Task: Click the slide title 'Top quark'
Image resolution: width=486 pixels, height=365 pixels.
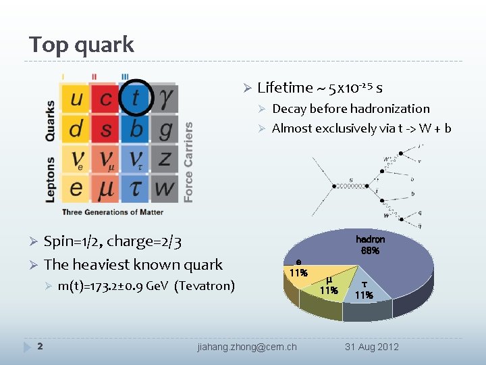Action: pos(82,45)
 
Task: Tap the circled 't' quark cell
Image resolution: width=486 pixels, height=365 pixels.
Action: pos(136,99)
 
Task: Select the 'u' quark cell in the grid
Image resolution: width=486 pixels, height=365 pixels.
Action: pos(76,99)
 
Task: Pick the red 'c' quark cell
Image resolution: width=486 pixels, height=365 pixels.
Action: pos(106,99)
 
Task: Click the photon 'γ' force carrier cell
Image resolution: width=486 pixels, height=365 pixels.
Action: pos(165,99)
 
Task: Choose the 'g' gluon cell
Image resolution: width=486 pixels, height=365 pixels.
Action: pos(165,128)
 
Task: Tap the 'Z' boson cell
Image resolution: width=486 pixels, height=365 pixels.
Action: pos(165,159)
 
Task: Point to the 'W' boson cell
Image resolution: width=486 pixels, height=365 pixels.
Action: pos(165,189)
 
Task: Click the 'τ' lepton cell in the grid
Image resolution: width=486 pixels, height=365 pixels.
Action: pos(136,189)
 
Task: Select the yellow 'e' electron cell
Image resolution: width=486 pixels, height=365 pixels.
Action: pos(76,189)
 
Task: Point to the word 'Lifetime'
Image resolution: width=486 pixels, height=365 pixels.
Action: pos(286,88)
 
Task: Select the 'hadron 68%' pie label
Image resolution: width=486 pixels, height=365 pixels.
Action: pos(370,245)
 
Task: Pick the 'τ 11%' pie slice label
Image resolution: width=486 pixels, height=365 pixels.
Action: pos(364,290)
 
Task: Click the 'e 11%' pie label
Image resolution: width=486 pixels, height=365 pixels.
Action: pos(298,268)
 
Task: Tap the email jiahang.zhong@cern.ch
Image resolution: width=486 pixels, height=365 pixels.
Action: pos(247,347)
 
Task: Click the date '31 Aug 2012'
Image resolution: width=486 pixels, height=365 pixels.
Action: pos(372,347)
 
